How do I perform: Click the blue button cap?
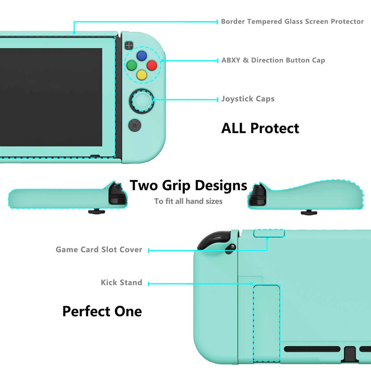click(142, 56)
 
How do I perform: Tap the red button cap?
click(152, 65)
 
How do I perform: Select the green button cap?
click(132, 65)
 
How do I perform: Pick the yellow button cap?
click(142, 75)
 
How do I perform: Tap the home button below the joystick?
click(135, 126)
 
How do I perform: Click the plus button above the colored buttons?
click(129, 46)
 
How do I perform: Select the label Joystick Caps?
click(248, 99)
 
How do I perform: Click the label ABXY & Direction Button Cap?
click(273, 60)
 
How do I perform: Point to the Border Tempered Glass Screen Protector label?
click(292, 22)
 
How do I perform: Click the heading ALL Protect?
click(260, 128)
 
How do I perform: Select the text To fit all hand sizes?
click(188, 201)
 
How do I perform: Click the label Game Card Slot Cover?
click(99, 250)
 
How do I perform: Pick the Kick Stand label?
click(122, 282)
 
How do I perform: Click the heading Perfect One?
click(102, 311)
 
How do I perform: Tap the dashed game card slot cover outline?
click(269, 233)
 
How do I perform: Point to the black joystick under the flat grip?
click(97, 211)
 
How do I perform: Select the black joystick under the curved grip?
click(309, 212)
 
